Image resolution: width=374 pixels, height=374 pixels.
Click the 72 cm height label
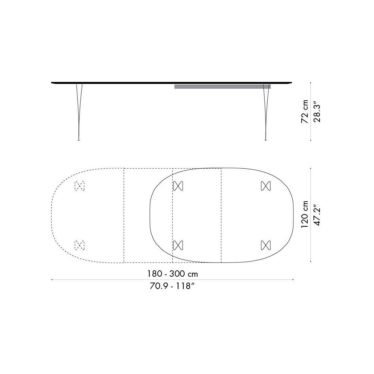point(305,112)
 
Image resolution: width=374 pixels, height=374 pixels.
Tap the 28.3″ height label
point(317,113)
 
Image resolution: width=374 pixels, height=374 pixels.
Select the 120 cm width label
point(305,215)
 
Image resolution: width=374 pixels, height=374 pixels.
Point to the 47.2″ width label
point(317,215)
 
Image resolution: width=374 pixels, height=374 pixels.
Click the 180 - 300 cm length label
point(172,274)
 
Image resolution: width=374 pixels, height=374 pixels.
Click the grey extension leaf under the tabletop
point(222,86)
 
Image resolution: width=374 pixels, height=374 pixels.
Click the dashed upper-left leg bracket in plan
point(80,186)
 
